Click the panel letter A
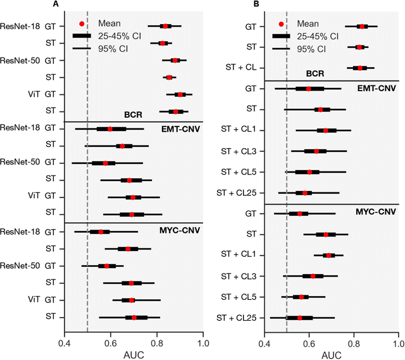point(56,4)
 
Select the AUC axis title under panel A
point(134,354)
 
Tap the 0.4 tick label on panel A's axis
point(65,345)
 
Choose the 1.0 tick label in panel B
point(397,345)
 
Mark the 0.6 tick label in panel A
point(111,345)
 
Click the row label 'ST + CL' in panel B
point(242,68)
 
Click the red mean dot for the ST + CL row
point(360,68)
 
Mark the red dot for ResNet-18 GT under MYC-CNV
point(101,232)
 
